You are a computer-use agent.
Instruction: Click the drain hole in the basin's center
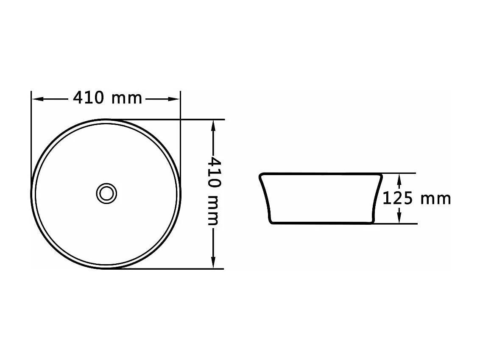coord(106,193)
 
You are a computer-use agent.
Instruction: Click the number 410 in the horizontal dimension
coord(88,98)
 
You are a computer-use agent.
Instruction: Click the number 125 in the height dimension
coord(397,198)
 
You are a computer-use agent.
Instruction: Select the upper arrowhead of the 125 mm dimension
coord(399,178)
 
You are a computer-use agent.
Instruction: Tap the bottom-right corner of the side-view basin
coord(372,222)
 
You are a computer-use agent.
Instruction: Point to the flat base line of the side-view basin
coord(321,223)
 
